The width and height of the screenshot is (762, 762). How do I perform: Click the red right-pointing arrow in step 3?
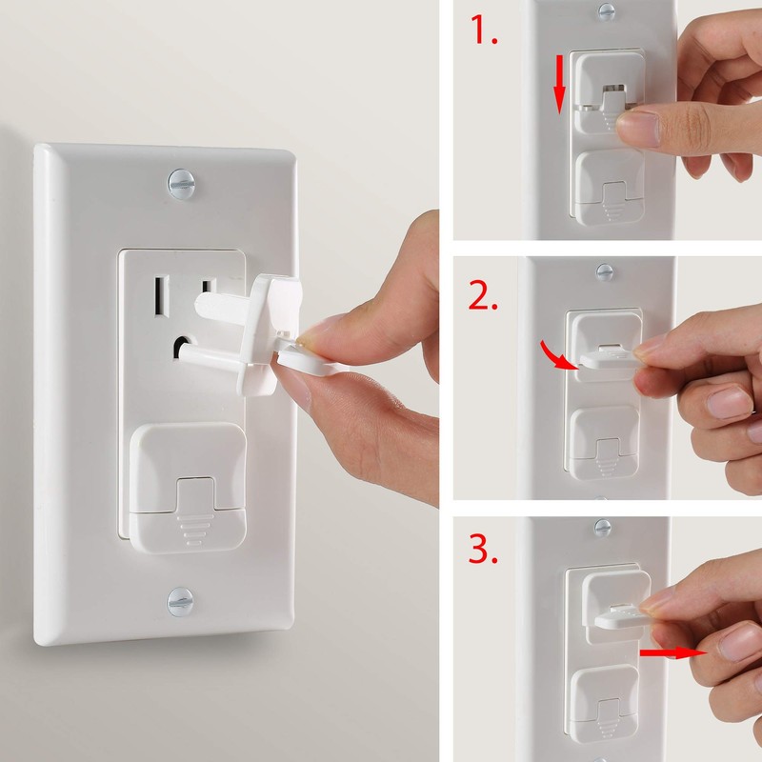pyautogui.click(x=672, y=653)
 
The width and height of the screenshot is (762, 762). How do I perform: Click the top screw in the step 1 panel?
pyautogui.click(x=606, y=11)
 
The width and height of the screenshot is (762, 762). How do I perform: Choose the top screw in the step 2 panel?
pyautogui.click(x=604, y=271)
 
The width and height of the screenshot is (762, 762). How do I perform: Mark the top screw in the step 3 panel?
pyautogui.click(x=602, y=525)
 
